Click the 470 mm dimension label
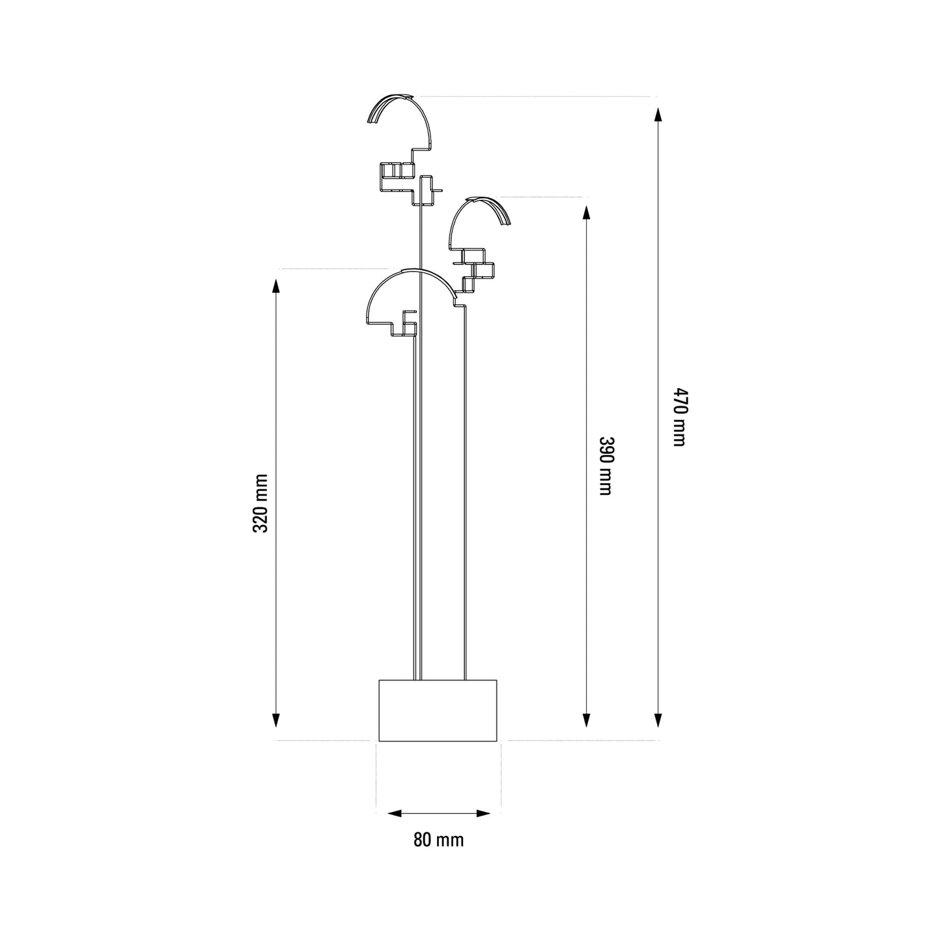point(679,417)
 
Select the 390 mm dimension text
point(605,466)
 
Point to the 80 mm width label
point(438,840)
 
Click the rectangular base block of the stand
point(438,709)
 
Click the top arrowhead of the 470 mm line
point(658,117)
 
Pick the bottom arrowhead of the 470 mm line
point(658,720)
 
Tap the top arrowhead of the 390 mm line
point(587,214)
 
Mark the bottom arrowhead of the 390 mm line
point(587,720)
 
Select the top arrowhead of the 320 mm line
point(275,288)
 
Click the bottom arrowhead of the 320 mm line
point(275,720)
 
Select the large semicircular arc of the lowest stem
point(410,277)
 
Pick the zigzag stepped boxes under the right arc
point(477,268)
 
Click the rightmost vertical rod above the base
point(465,488)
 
